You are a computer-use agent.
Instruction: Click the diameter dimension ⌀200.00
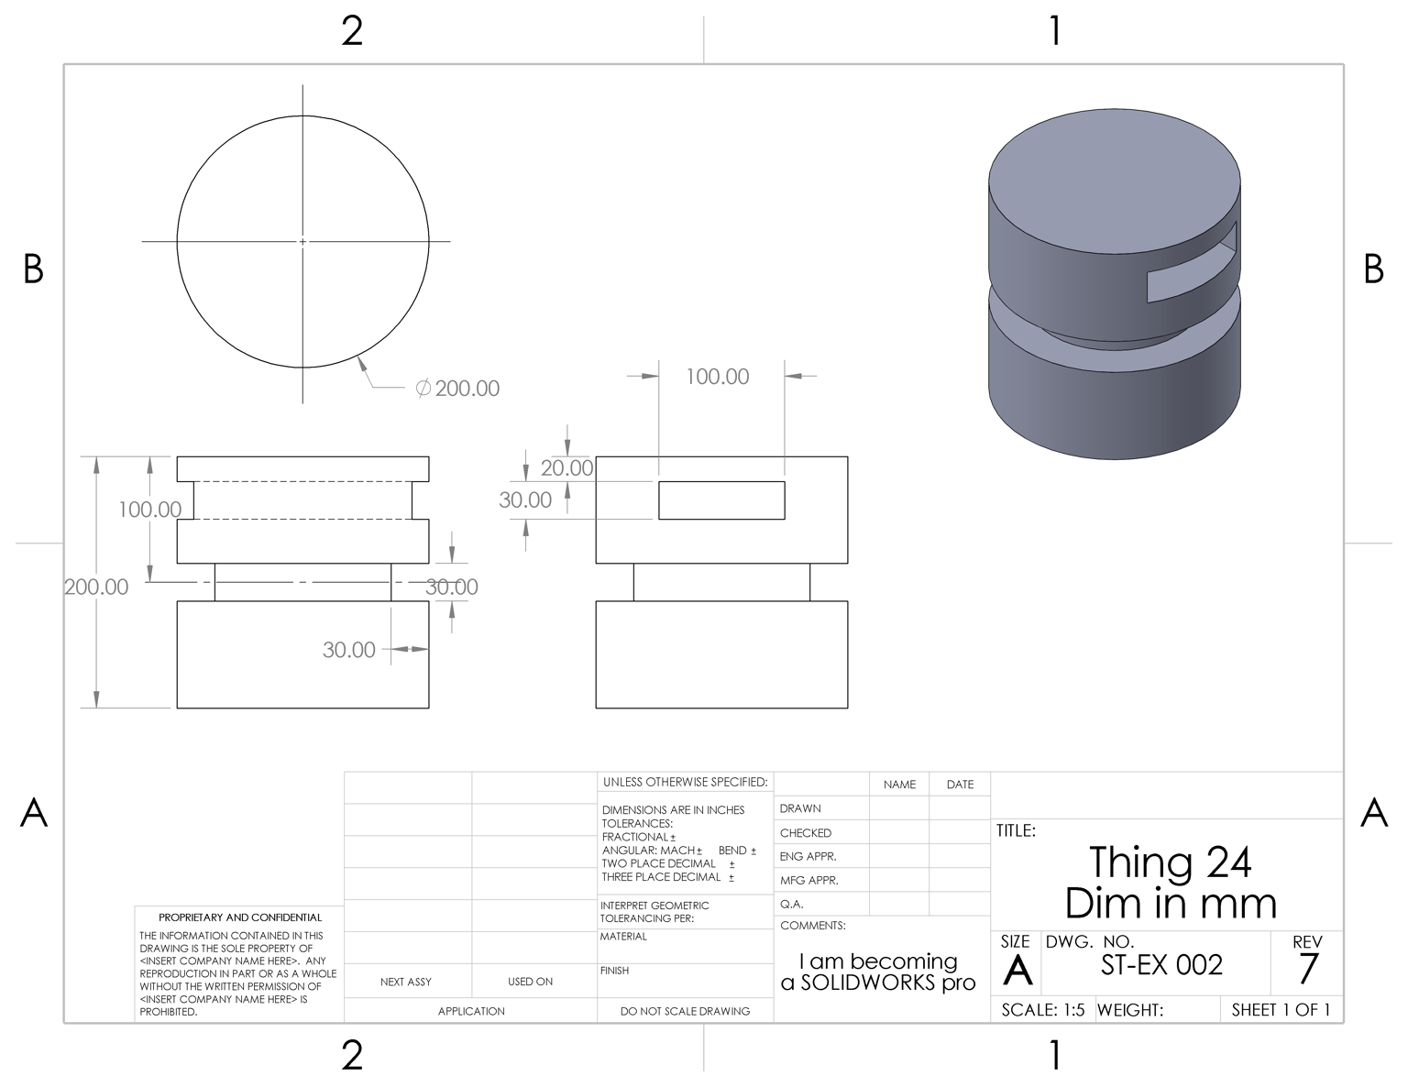pos(457,388)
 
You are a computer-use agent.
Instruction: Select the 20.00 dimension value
pos(566,467)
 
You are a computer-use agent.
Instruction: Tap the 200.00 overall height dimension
pos(96,587)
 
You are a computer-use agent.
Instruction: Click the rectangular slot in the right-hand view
pos(721,500)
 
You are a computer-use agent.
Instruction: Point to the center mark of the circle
pos(302,242)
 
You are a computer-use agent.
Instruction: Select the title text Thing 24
pos(1171,862)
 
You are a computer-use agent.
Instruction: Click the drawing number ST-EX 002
pos(1161,965)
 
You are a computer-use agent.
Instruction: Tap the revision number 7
pos(1308,969)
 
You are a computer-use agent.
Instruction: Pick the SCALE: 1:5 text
pos(1042,1010)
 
